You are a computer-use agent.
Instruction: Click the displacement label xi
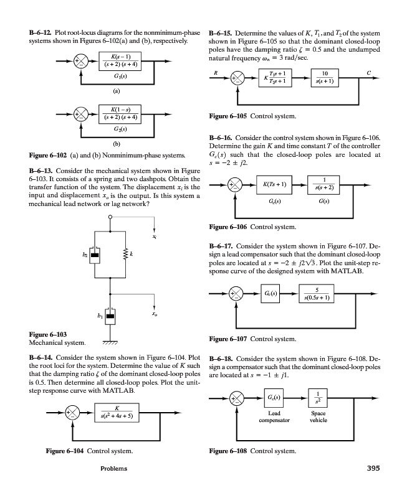click(154, 237)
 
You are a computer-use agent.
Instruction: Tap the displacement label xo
click(154, 315)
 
